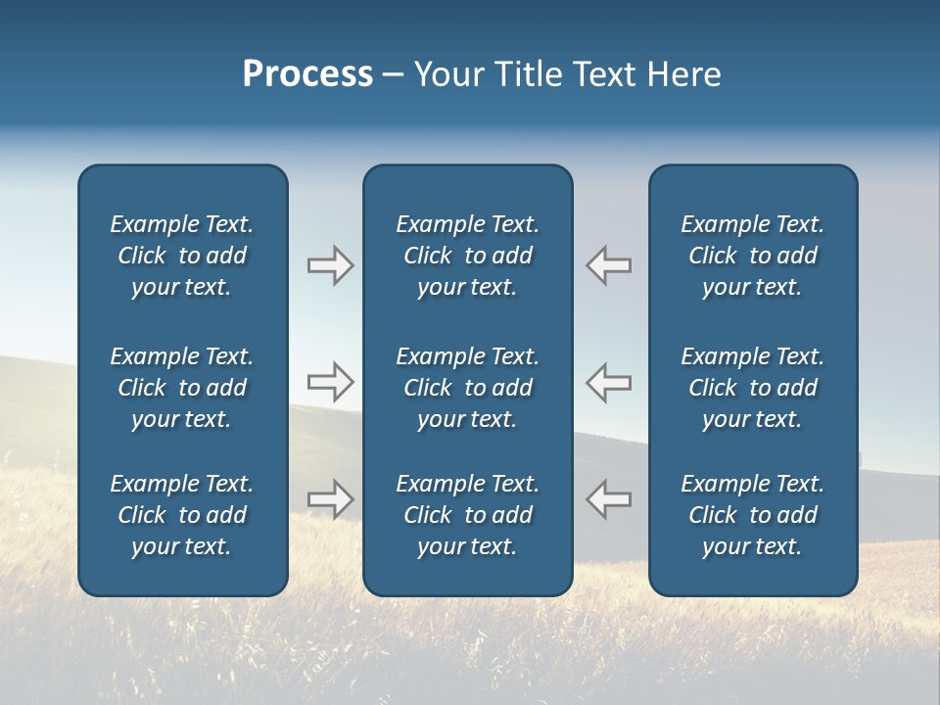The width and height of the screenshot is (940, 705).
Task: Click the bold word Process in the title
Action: [x=307, y=74]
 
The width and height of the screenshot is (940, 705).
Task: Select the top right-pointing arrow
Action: [x=331, y=265]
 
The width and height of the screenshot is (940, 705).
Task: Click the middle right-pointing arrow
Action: [x=331, y=382]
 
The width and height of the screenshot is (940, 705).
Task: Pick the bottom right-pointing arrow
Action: [x=331, y=499]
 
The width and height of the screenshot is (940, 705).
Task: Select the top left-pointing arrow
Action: [x=609, y=265]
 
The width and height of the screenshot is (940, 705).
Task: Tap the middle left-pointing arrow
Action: [x=609, y=382]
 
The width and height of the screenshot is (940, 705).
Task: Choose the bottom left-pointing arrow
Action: [x=609, y=499]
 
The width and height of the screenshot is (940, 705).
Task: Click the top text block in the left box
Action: [x=182, y=256]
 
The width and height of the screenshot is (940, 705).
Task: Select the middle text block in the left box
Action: [x=182, y=388]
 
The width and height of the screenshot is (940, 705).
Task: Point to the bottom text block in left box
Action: [x=182, y=515]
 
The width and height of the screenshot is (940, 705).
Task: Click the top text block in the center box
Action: [x=468, y=256]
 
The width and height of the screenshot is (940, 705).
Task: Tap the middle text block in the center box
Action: [x=468, y=388]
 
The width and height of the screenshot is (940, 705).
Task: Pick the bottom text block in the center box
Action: [x=468, y=515]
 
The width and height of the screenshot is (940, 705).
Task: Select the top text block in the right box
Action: [x=753, y=256]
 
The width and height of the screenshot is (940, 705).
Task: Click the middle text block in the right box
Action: [x=753, y=388]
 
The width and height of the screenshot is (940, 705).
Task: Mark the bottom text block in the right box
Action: [x=753, y=515]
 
